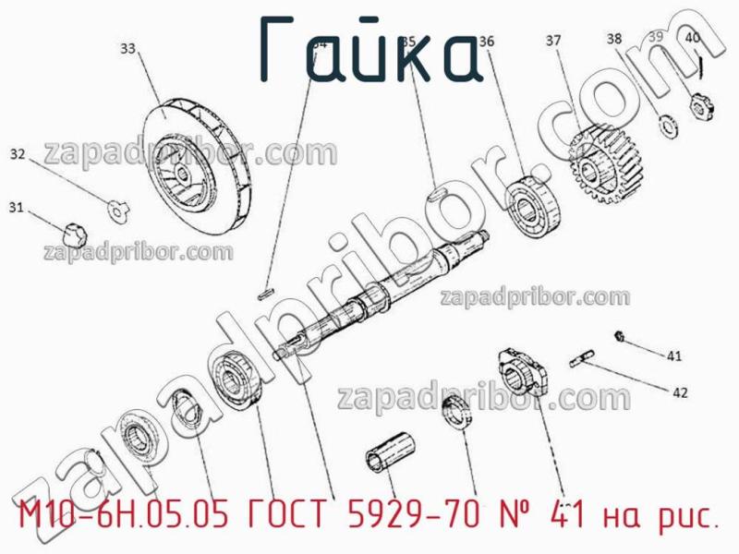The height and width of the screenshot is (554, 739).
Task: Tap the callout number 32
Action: [18, 154]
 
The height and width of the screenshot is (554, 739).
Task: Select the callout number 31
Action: [16, 208]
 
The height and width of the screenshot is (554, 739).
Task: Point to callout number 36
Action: [487, 42]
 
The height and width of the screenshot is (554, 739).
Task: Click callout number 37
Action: [552, 41]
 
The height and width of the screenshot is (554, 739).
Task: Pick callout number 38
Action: [614, 39]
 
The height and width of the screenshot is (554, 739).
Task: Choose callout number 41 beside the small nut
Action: [674, 355]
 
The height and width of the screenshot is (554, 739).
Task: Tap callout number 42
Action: [679, 392]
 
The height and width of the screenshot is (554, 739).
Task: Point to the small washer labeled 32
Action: [116, 210]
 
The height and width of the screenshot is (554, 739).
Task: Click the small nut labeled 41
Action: [621, 336]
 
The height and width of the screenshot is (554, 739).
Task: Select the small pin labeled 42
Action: [584, 355]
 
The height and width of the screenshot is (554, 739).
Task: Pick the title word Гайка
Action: [369, 51]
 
